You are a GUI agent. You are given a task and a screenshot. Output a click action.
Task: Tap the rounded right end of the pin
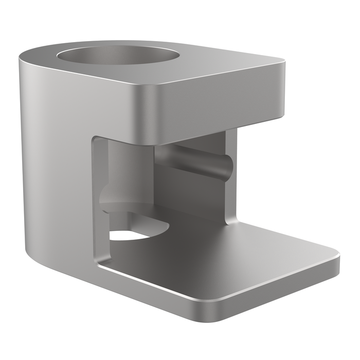(228, 167)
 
